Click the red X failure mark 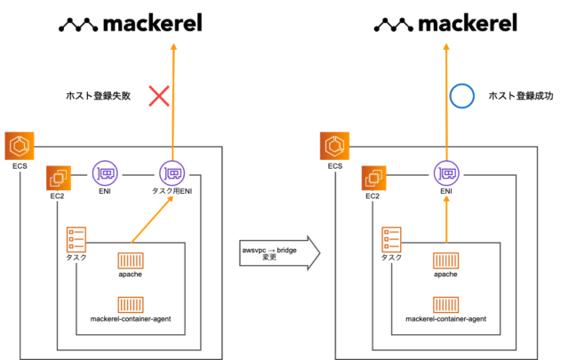click(159, 95)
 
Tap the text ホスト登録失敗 click(100, 95)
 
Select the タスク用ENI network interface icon click(171, 172)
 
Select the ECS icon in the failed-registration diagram click(20, 145)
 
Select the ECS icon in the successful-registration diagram click(335, 145)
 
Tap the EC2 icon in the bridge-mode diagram click(374, 178)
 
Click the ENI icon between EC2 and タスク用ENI click(106, 172)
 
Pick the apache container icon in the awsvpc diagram click(130, 260)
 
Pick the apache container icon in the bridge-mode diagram click(445, 260)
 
